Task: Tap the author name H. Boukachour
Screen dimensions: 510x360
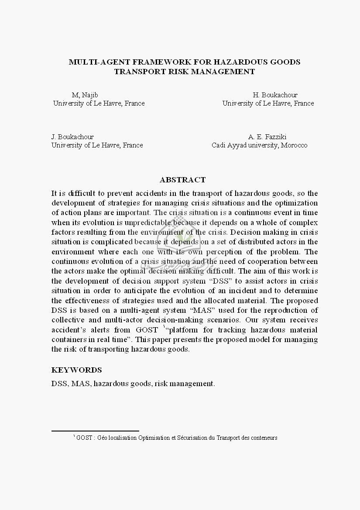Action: (x=275, y=95)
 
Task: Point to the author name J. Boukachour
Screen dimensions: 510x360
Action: (x=72, y=137)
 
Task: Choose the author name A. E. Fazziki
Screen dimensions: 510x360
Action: (x=267, y=137)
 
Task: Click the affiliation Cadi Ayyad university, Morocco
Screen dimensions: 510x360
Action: (x=259, y=145)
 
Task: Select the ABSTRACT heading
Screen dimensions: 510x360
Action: (x=182, y=180)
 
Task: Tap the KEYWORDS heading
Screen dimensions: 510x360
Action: (x=76, y=370)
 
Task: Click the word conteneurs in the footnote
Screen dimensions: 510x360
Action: (x=264, y=438)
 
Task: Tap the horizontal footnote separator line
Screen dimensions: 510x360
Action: (x=95, y=431)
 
